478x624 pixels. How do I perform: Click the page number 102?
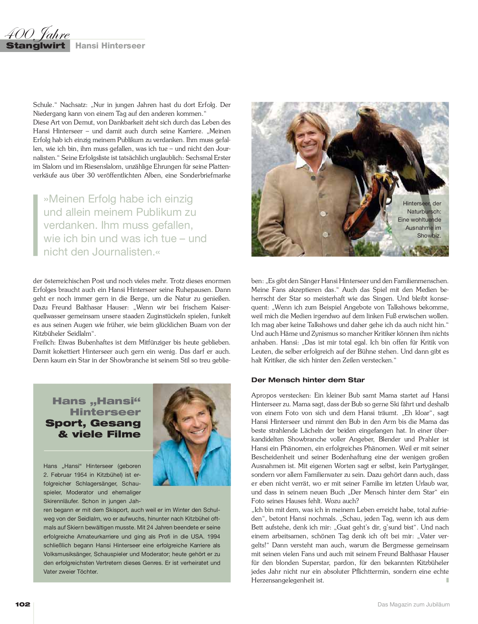(x=23, y=604)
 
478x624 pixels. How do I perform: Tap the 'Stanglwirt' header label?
(x=36, y=45)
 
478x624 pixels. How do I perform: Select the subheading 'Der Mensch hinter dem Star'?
(x=308, y=380)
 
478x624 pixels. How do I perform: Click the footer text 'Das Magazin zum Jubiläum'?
(x=413, y=604)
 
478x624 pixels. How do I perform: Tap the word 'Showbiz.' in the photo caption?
(x=429, y=235)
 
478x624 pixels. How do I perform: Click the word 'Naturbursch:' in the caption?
(x=424, y=211)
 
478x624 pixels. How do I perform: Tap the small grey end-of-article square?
(x=447, y=580)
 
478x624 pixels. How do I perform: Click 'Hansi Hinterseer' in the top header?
(x=110, y=45)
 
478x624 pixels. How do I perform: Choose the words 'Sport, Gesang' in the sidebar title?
(x=93, y=423)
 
